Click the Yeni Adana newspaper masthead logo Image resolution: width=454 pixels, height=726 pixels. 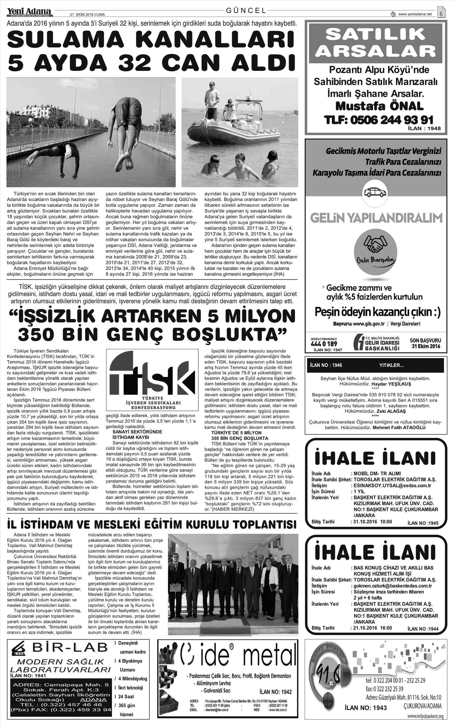(x=29, y=11)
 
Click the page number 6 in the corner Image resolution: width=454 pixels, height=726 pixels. (x=441, y=14)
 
